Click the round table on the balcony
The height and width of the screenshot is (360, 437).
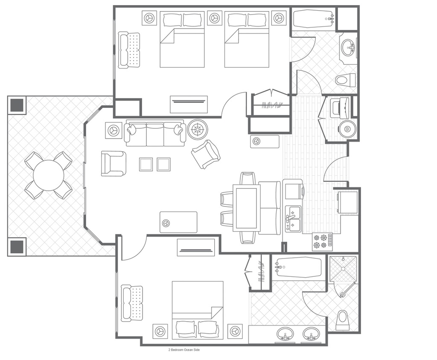(49, 175)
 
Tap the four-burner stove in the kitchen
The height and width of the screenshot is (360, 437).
(323, 241)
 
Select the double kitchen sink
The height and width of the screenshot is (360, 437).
(293, 219)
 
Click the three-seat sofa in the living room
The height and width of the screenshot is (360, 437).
(155, 133)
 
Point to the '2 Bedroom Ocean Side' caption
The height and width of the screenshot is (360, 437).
(184, 350)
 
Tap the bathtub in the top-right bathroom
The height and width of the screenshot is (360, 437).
(313, 19)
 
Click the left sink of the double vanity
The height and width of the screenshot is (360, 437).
(285, 334)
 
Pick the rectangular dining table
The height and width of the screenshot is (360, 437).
(247, 208)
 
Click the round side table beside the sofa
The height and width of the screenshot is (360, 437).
(198, 129)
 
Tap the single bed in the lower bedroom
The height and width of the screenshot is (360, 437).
(198, 310)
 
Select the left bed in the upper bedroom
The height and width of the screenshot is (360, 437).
(182, 39)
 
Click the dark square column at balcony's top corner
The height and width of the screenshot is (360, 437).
(17, 105)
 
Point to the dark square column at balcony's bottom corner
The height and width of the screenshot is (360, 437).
(17, 247)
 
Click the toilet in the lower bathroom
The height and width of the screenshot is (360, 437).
(343, 319)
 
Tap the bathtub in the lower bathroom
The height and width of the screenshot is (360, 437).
(298, 267)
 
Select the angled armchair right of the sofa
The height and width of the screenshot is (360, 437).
(206, 154)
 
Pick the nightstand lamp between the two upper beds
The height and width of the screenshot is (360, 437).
(214, 18)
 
